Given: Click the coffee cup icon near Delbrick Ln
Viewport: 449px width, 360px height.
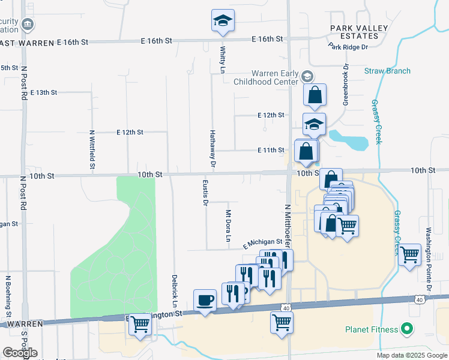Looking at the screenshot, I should click(x=205, y=299).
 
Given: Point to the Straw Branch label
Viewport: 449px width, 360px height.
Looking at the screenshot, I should click(x=387, y=71).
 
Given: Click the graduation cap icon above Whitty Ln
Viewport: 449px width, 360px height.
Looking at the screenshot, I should click(x=223, y=21).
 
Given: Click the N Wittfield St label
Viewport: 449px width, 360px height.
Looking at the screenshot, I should click(x=92, y=150).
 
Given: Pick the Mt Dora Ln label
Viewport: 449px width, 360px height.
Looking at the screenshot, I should click(x=228, y=226).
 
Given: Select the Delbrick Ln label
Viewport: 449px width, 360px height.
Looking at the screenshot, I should click(x=174, y=292).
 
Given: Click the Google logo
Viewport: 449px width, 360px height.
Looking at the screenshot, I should click(x=20, y=353).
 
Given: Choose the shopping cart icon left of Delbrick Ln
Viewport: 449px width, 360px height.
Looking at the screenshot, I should click(x=140, y=324).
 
